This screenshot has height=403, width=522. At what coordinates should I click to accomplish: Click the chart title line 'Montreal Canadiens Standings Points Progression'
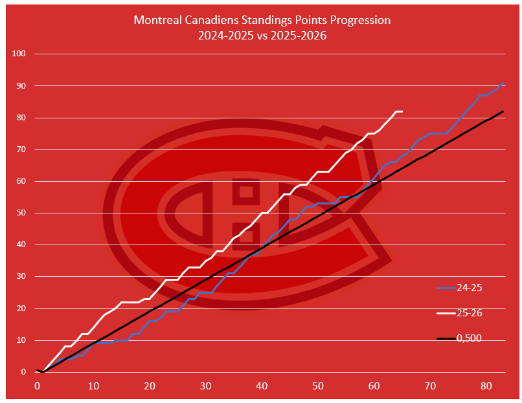tap(262, 20)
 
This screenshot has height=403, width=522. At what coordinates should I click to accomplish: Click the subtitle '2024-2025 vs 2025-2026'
tap(262, 36)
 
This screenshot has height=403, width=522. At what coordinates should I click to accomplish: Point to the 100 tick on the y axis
tap(18, 54)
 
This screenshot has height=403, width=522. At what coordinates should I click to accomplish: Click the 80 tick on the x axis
tap(486, 386)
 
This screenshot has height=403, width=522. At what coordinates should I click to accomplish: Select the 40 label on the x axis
tap(262, 386)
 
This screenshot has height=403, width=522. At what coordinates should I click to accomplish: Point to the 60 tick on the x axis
tap(374, 386)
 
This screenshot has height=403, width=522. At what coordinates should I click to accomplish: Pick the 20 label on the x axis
tap(150, 386)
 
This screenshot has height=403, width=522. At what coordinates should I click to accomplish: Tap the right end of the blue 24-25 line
tap(503, 83)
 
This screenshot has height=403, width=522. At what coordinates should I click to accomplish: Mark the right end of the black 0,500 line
tap(503, 111)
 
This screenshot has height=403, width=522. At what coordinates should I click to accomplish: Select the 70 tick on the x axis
tap(430, 386)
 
